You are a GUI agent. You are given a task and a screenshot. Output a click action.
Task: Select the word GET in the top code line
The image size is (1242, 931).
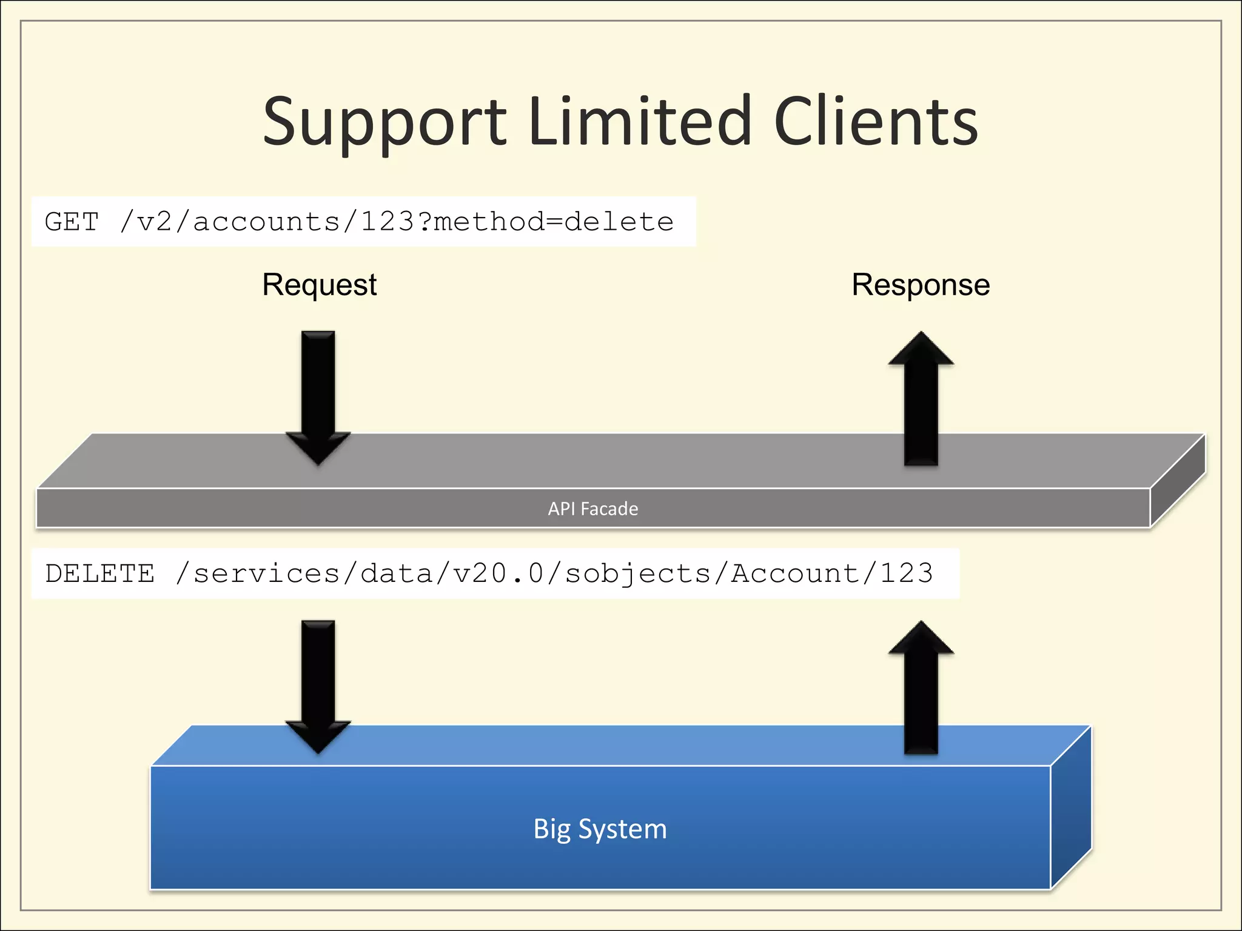[x=72, y=222]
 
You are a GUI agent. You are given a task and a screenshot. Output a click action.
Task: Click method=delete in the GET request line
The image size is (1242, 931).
[x=553, y=222]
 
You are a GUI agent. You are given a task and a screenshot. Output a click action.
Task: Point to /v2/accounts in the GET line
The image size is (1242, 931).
[x=230, y=222]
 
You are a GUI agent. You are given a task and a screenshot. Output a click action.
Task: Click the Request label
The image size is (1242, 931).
[x=319, y=285]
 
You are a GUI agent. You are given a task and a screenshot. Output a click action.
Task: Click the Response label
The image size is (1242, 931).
[x=921, y=285]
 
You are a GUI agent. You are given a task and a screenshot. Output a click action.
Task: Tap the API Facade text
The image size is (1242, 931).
[x=592, y=509]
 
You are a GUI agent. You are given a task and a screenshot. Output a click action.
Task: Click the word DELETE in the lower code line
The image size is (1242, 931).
[x=100, y=573]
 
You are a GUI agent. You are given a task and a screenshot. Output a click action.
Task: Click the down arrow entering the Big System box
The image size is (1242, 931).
[x=318, y=685]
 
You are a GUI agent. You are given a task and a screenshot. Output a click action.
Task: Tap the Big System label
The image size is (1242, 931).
[x=600, y=829]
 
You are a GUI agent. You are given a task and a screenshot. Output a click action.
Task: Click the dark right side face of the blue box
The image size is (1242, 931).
[x=1071, y=812]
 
